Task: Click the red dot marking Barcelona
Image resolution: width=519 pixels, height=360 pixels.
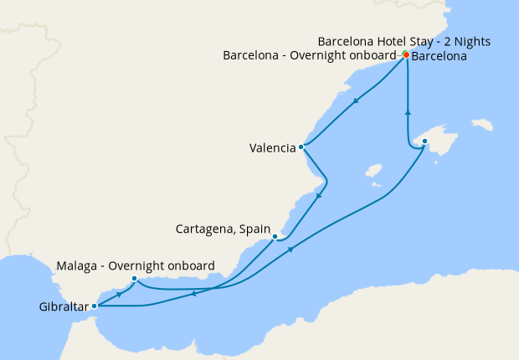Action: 406,55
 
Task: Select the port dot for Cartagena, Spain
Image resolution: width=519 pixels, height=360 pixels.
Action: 275,237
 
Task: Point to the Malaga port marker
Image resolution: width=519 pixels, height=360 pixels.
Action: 135,279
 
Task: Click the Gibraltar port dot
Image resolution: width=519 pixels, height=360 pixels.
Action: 94,306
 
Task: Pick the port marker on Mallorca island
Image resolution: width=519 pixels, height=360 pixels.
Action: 424,141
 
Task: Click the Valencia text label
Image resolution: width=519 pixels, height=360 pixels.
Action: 272,148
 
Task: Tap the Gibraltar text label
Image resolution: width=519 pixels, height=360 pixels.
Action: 64,306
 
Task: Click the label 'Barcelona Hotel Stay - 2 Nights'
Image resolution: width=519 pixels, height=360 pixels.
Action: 404,41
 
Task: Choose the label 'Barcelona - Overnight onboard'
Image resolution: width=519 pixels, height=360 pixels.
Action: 309,55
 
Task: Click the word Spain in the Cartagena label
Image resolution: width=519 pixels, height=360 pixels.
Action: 254,228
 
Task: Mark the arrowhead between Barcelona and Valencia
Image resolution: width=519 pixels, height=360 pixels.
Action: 356,102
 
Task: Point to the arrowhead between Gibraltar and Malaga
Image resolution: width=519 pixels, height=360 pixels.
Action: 121,294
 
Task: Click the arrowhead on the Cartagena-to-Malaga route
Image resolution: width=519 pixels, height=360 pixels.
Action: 193,293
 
